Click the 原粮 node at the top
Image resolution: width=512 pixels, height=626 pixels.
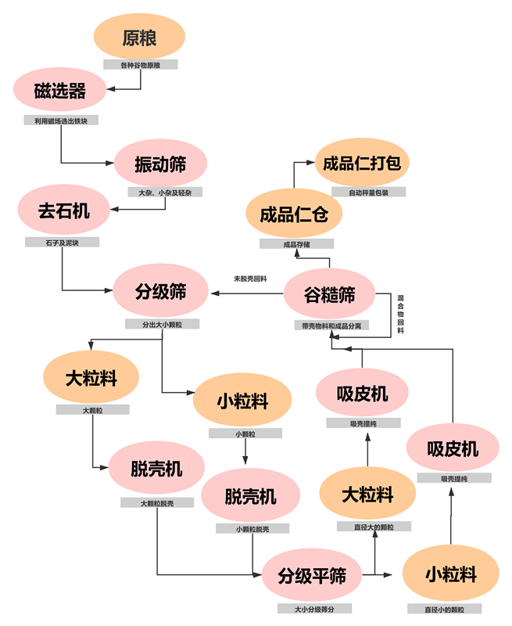click(139, 37)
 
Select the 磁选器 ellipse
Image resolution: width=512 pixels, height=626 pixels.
click(60, 90)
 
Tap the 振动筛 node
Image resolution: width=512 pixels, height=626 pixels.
click(160, 164)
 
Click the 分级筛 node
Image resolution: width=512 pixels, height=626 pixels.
click(160, 292)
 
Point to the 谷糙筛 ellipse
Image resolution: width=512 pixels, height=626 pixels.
click(329, 294)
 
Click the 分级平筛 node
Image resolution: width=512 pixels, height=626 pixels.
click(311, 576)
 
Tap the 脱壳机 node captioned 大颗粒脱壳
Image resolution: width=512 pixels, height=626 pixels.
click(156, 469)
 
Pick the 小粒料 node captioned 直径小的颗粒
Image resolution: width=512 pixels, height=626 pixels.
click(451, 575)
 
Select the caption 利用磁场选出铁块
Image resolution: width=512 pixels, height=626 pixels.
click(61, 121)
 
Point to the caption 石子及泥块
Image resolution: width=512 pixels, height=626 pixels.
click(63, 243)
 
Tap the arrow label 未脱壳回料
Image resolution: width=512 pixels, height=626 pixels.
click(251, 279)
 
